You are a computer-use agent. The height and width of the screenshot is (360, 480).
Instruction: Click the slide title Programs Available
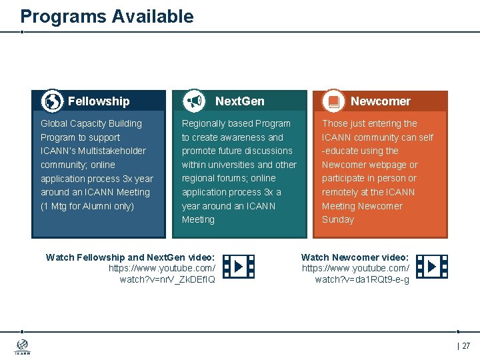coord(107,17)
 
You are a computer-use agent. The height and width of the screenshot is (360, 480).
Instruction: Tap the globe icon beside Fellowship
coord(52,101)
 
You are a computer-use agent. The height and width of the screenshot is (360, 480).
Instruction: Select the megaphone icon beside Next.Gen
coord(194,101)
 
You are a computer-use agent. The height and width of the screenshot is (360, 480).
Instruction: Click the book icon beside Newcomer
coord(333,101)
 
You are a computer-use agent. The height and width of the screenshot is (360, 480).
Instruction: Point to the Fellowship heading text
coord(99,101)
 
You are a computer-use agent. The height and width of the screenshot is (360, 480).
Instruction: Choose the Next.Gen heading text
coord(239,101)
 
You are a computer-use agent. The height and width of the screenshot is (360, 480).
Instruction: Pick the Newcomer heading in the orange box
coord(380,101)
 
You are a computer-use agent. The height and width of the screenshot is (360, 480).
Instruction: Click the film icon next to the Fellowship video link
coord(238,267)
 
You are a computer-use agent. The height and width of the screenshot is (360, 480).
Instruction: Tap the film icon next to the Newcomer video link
coord(431,267)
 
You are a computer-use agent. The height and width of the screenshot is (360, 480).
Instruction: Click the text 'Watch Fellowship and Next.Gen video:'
coord(130,257)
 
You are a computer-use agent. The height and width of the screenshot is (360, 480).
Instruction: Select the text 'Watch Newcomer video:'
coord(355,257)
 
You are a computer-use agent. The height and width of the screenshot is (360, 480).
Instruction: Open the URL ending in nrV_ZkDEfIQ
coord(162,274)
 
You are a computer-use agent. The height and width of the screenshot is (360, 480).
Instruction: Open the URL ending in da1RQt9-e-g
coord(356,274)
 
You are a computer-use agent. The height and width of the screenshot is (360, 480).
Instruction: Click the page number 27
coord(465,346)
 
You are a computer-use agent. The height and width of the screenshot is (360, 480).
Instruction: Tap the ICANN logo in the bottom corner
coord(23,347)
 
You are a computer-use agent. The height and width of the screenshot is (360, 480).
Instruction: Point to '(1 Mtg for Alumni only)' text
coord(87,206)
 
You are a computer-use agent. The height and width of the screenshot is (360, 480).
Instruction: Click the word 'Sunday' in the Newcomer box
coord(338,219)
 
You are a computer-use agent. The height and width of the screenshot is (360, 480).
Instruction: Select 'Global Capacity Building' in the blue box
coord(91,123)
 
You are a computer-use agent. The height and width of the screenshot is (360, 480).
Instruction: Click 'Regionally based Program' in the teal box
coord(236,123)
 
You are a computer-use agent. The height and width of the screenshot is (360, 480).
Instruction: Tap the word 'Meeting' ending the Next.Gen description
coord(198,219)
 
